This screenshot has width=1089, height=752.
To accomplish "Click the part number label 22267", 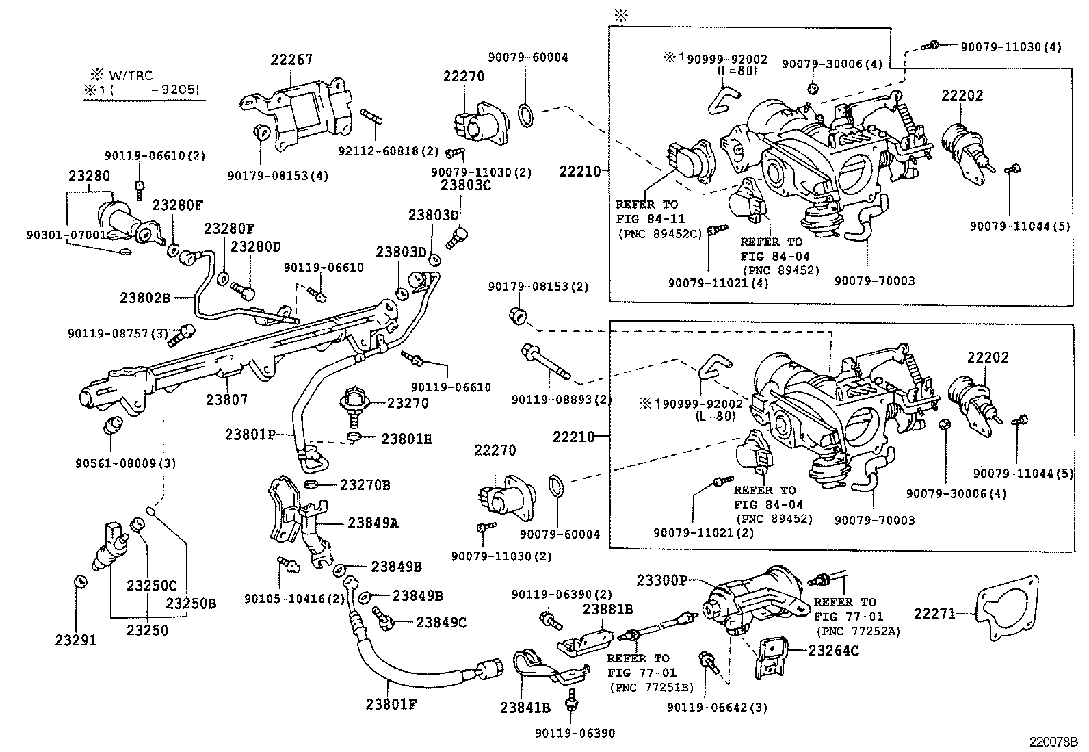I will pyautogui.click(x=291, y=60).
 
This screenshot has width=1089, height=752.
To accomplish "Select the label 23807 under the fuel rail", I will pyautogui.click(x=226, y=400).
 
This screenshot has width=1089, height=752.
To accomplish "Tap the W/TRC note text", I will pyautogui.click(x=131, y=75).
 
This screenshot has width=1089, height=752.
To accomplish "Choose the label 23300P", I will pyautogui.click(x=661, y=580).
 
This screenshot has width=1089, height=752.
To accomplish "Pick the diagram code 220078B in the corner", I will pyautogui.click(x=1054, y=741).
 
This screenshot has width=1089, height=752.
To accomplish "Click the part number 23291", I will pyautogui.click(x=76, y=640).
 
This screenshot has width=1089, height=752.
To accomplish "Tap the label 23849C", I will pyautogui.click(x=441, y=623).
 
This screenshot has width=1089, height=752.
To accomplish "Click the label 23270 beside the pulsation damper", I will pyautogui.click(x=408, y=403).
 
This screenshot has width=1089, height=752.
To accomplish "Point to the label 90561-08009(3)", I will pyautogui.click(x=125, y=463).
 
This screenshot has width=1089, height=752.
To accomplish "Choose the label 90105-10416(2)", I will pyautogui.click(x=295, y=599).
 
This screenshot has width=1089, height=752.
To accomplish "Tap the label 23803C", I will pyautogui.click(x=466, y=184).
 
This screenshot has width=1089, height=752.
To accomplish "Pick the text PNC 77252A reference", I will pyautogui.click(x=856, y=632).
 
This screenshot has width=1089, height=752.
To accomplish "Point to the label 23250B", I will pyautogui.click(x=191, y=604).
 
